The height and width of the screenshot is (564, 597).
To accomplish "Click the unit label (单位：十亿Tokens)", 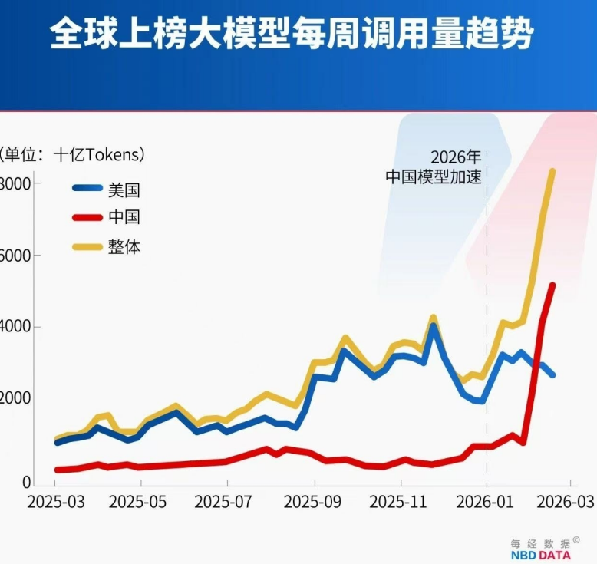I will click(73, 154).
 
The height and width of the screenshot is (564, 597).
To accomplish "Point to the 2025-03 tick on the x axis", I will click(54, 502).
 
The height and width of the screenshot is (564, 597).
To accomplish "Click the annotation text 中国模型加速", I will click(434, 176).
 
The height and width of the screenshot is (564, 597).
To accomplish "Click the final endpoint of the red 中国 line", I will click(552, 285).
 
